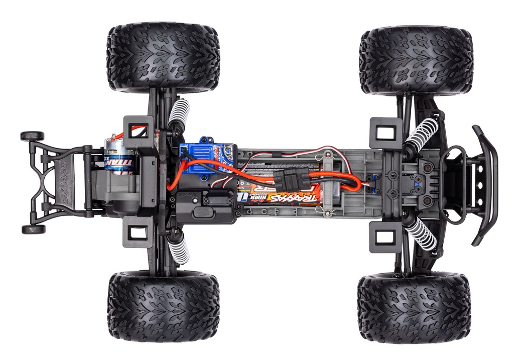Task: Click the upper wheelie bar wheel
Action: (x=32, y=136)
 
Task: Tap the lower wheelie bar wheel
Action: (x=33, y=229)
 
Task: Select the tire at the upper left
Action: (x=163, y=57)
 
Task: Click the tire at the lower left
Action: (x=163, y=307)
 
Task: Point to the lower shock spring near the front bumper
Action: (x=421, y=232)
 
